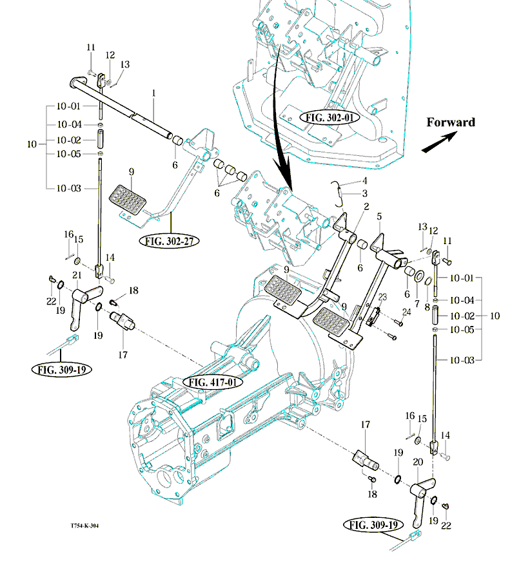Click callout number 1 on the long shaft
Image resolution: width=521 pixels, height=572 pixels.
(x=154, y=93)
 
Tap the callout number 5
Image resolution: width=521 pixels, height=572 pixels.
(x=380, y=216)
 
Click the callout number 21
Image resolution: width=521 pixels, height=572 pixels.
(x=77, y=275)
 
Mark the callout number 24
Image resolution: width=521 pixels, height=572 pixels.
(x=406, y=312)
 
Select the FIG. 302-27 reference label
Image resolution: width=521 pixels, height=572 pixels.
(x=168, y=242)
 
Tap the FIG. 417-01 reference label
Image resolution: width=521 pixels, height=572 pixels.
(x=213, y=382)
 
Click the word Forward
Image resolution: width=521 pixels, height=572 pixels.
(x=450, y=122)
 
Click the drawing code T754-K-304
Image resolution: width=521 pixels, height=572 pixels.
(x=84, y=525)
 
